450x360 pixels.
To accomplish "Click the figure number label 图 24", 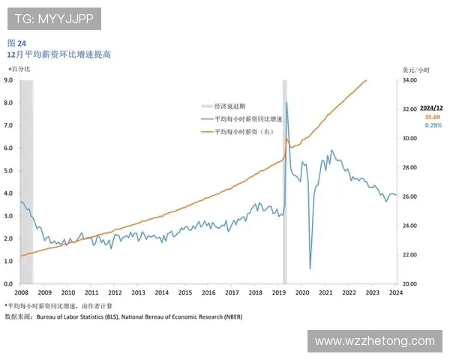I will pos(16,43).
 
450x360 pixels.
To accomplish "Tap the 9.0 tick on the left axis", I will pos(8,79).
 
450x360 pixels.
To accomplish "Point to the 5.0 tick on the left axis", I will pos(8,170).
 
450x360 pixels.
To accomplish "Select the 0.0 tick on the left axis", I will pos(8,284).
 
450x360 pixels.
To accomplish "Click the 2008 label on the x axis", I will pos(21,293).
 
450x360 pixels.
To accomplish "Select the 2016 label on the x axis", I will pos(208,293).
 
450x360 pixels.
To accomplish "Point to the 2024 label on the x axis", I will pos(394,293).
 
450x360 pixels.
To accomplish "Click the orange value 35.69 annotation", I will pos(432,117).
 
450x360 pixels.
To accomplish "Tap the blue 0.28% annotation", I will pos(432,125).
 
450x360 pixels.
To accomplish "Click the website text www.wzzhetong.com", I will pos(374,341).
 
